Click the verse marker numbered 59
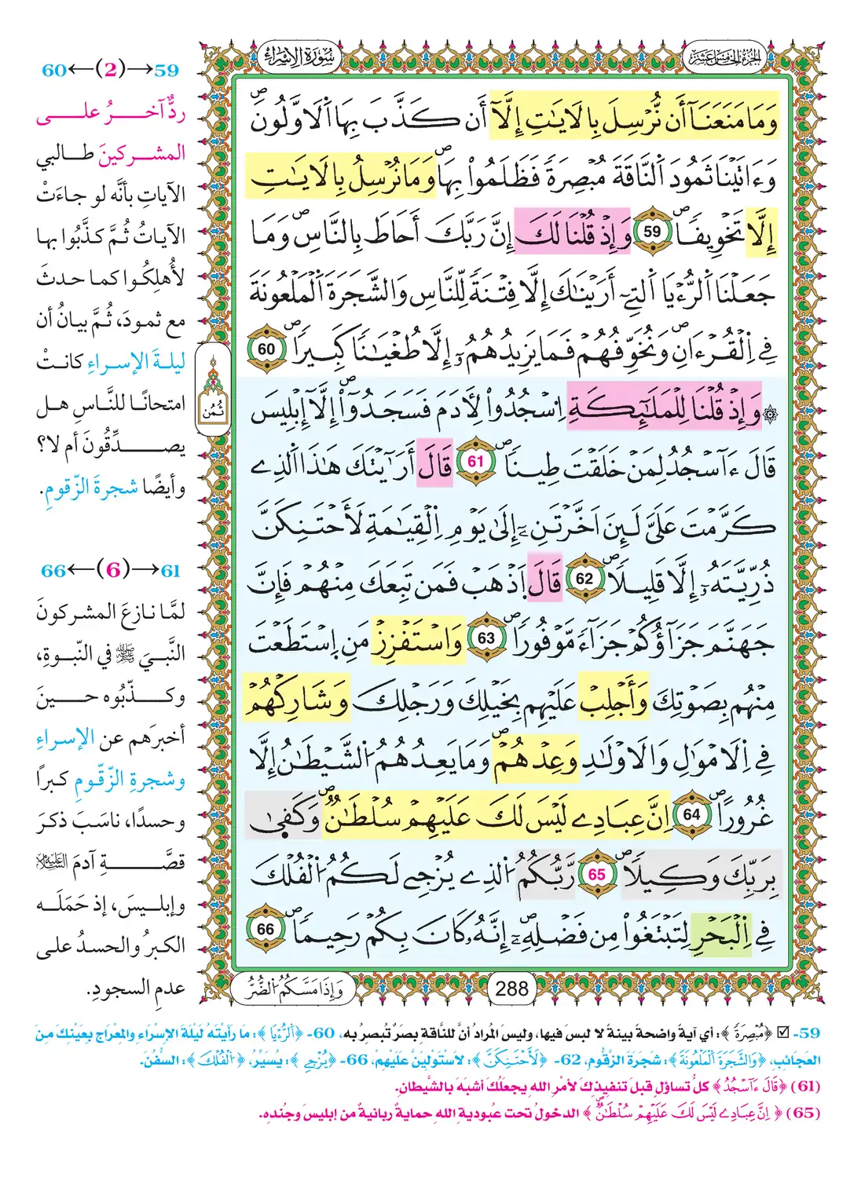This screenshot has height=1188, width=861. coord(652,232)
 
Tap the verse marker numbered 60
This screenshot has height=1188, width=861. coord(266,349)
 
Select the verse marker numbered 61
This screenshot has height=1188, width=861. coord(476,462)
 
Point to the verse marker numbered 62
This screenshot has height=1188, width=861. coord(585,579)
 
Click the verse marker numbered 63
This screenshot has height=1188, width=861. coord(486,638)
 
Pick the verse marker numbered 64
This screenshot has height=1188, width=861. coord(691,814)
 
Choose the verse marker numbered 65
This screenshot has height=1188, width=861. coord(597,874)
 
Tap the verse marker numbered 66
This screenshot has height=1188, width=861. coord(266,930)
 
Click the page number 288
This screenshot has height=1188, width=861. coord(511,988)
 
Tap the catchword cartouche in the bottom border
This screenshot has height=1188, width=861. coord(288,988)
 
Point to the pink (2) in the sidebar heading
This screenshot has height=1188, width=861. coord(110,70)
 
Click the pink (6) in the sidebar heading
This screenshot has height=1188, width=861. coord(113,570)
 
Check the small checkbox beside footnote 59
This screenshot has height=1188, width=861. coord(782,1033)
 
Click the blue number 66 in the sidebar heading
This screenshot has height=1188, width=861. coord(53,570)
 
